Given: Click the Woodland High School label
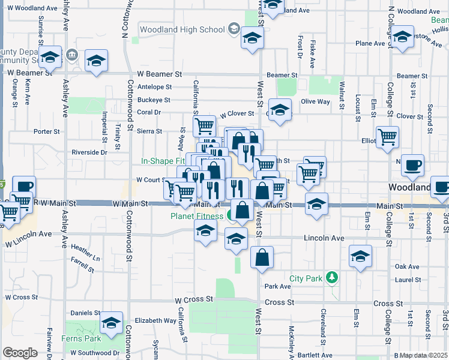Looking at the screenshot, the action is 181,29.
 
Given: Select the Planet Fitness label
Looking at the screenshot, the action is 197,216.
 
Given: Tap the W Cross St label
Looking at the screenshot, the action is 194,299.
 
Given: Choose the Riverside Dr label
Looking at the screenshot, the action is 89,152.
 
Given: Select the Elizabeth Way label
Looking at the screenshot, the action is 155,320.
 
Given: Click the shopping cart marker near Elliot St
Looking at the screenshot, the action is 387,137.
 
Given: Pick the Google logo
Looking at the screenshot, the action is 19,353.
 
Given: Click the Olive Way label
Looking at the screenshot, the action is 315,102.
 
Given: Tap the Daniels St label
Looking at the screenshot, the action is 85,313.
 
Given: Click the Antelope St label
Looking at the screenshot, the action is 155,86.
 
